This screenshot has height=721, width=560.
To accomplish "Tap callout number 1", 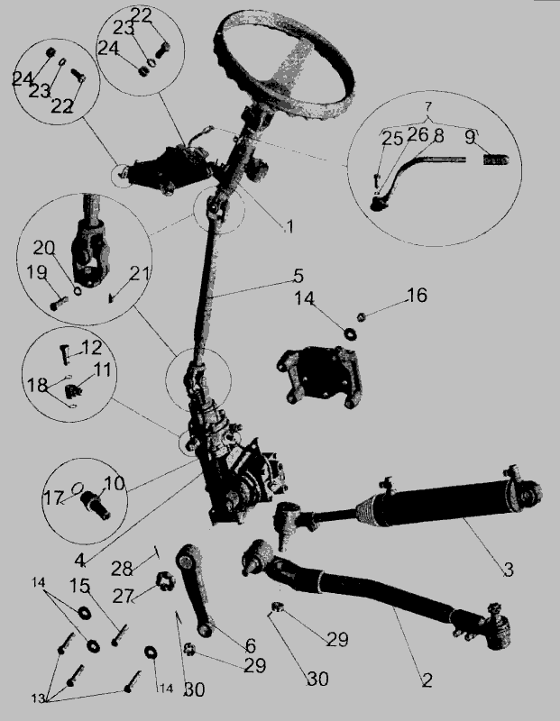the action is (289, 226).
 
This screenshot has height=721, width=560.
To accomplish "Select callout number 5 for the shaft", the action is (298, 276).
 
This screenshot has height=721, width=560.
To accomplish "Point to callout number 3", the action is (508, 570).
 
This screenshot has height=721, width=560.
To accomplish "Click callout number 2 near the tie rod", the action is (427, 680).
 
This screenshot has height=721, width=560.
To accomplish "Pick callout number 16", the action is (417, 295).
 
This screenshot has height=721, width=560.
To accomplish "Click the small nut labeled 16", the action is (362, 316).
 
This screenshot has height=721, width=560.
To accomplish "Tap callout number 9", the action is (469, 137).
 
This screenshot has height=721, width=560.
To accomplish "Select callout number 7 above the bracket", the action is (428, 106).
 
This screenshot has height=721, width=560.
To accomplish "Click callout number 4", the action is (80, 561).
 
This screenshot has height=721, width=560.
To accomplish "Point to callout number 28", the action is (122, 569).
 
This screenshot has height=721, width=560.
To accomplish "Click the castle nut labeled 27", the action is (164, 582).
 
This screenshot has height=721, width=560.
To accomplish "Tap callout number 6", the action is (251, 645).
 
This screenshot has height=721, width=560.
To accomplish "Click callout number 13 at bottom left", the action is (39, 698).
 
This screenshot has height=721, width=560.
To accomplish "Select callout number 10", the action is (115, 483).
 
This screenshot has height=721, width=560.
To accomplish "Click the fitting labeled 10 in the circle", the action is (96, 505).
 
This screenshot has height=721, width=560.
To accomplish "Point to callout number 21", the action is (140, 274).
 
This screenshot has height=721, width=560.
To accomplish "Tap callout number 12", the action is (92, 347).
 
